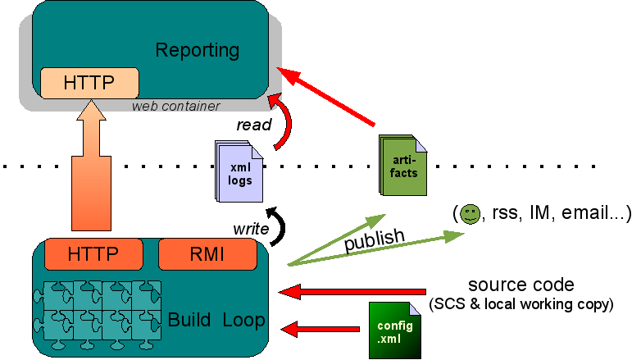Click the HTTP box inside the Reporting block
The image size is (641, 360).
click(89, 82)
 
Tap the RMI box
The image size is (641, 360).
click(207, 254)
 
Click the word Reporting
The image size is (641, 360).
click(198, 50)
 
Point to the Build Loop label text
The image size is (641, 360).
click(216, 320)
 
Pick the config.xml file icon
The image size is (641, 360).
click(394, 329)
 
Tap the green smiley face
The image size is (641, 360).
click(470, 215)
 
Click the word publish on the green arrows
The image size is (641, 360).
click(374, 240)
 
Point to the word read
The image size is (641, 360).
click(253, 125)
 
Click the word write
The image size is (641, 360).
click(250, 229)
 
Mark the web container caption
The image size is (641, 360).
click(176, 106)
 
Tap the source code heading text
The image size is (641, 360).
click(521, 285)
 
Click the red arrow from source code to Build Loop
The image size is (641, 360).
click(352, 291)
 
